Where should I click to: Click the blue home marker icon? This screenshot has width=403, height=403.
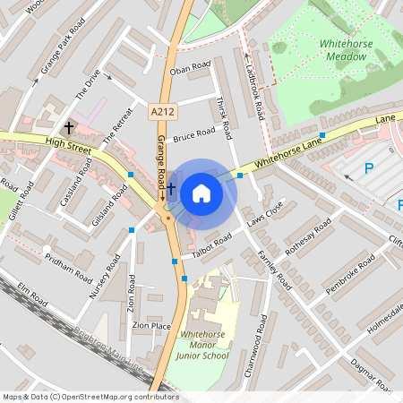coord(201,193)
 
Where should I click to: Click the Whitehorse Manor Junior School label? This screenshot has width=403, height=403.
coord(203,345)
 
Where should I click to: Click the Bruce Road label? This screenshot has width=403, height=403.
coord(194,135)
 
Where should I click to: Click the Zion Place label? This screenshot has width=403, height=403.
coord(150,326)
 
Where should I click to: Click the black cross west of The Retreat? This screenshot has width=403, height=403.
coord(69,128)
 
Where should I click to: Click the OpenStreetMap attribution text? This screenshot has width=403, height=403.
coord(90,397)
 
